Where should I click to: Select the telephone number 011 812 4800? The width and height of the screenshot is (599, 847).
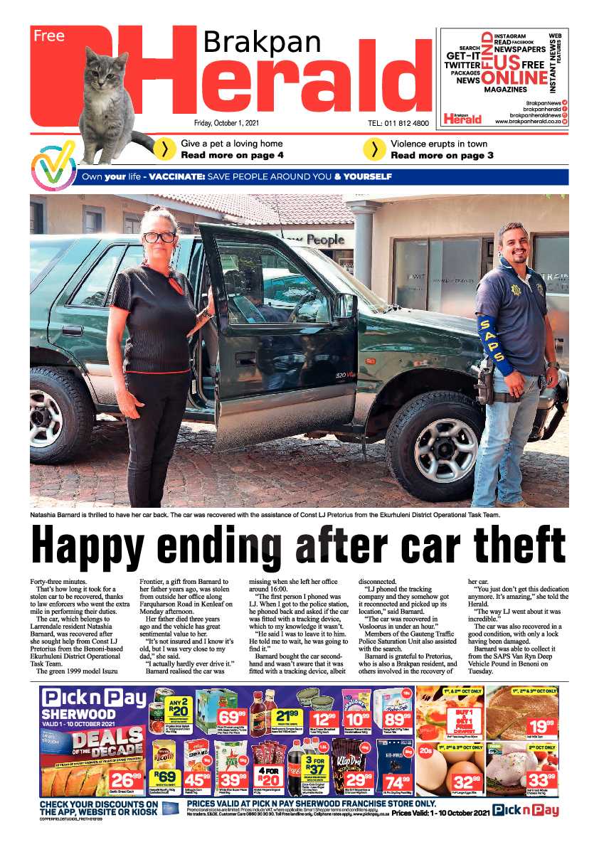pos(398,124)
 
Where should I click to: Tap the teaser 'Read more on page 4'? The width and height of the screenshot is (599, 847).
pos(232,155)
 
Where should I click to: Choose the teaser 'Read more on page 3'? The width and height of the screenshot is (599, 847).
pos(442,155)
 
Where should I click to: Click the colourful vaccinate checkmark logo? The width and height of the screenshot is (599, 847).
pos(53,165)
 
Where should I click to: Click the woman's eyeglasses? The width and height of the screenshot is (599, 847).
pos(159,237)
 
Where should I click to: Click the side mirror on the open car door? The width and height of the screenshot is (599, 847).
pos(346,304)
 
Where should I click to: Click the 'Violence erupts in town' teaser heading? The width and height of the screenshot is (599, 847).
pos(438,144)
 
